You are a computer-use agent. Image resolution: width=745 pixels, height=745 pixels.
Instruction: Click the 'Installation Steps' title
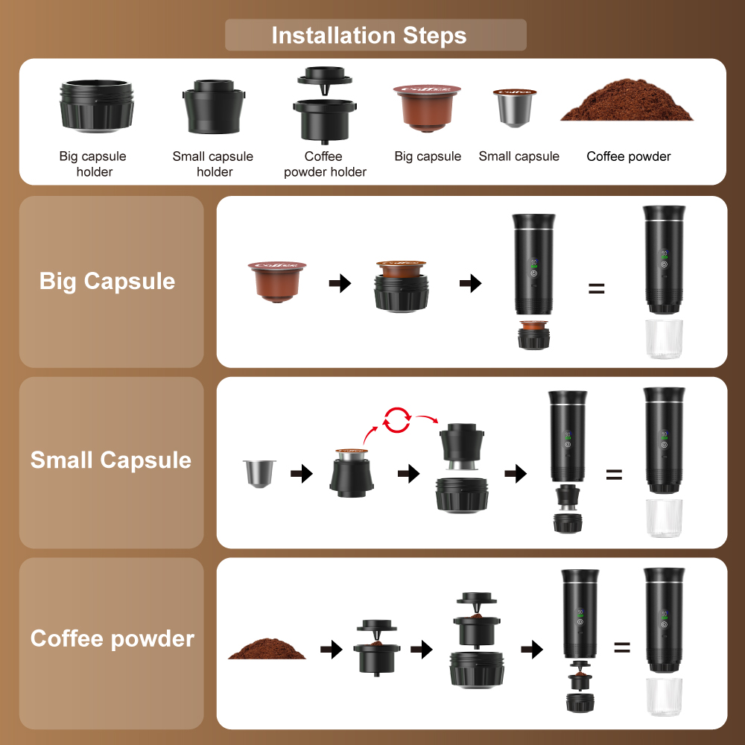[x=369, y=35]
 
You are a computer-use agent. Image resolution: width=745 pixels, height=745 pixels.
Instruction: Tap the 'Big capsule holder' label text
[x=93, y=164]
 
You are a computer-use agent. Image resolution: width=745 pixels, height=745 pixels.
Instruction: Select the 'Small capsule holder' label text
[x=213, y=164]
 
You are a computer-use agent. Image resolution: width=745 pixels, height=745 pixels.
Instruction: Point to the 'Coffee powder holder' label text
[x=324, y=164]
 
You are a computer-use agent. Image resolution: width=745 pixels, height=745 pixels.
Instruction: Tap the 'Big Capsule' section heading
[x=107, y=282]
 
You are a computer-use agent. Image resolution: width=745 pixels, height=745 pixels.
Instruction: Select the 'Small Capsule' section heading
[x=111, y=460]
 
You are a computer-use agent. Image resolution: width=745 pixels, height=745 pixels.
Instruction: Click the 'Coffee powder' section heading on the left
[x=112, y=638]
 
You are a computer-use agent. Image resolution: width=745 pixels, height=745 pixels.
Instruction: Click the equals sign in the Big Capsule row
[x=596, y=288]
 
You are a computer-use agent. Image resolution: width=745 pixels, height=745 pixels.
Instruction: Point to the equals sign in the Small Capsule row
[x=613, y=474]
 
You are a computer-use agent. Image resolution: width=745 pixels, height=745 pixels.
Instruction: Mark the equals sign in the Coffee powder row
[x=622, y=647]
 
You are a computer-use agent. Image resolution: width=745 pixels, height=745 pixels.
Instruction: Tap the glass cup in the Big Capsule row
[x=664, y=339]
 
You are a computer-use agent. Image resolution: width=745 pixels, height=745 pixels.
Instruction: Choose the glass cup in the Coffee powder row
[x=664, y=697]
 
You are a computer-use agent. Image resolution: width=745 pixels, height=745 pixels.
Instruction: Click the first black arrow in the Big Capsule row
[x=340, y=283]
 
